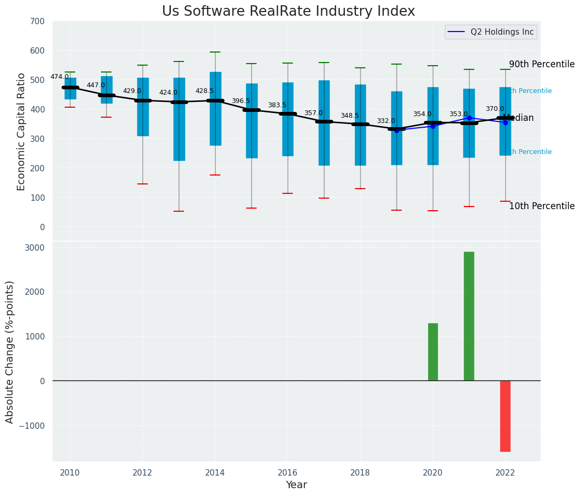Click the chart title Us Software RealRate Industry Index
288,12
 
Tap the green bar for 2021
469,316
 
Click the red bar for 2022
505,416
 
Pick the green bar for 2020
433,352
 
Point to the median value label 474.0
59,77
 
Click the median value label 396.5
241,101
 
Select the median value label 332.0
385,121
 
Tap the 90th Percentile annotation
542,64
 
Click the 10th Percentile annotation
542,206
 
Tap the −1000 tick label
32,426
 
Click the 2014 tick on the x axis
215,473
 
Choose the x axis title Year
296,485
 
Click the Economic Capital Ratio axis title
21,131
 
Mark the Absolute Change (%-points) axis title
10,352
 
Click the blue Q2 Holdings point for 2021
469,118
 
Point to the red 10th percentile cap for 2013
179,211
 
